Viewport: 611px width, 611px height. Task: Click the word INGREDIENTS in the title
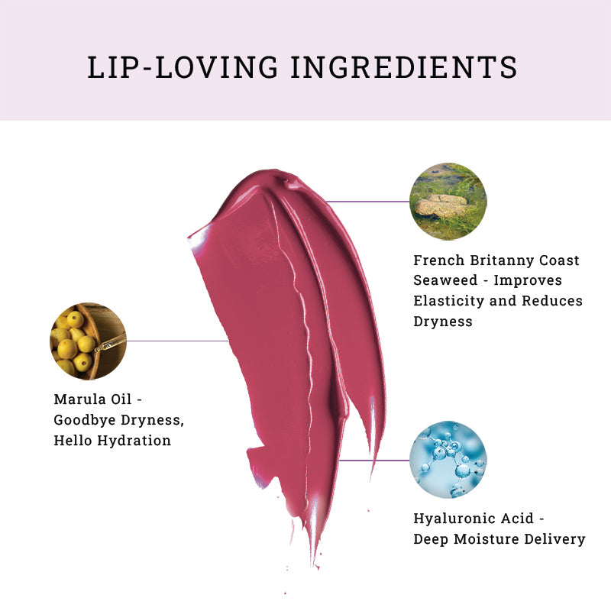coord(404,67)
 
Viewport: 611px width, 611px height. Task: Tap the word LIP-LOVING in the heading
coord(183,67)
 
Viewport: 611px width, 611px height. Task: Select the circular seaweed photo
coord(448,202)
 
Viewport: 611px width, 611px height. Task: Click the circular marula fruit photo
coord(88,341)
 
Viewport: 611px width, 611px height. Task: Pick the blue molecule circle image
coord(448,460)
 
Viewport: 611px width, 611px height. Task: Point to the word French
coord(438,260)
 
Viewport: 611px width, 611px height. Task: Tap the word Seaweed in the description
coord(445,280)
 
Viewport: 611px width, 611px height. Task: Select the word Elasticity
coord(449,301)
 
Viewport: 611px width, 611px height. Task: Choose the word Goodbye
coord(85,420)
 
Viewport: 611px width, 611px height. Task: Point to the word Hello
coord(73,441)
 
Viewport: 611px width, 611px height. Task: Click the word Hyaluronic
coord(474,519)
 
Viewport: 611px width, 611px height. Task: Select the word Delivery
coord(554,540)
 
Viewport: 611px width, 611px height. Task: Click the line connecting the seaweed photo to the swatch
coord(368,202)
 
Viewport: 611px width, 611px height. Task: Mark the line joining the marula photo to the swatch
coord(177,341)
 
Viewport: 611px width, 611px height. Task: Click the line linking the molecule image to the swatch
coord(374,461)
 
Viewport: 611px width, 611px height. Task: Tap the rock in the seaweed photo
coord(441,205)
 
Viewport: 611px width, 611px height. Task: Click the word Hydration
coord(134,441)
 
